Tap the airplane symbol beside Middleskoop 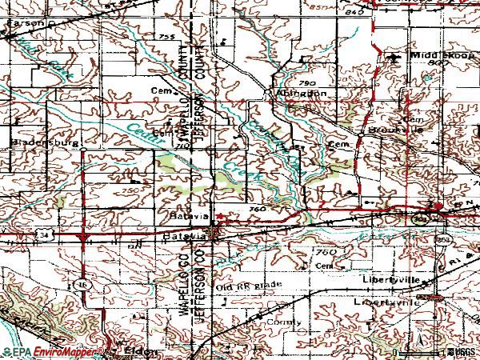392,58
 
